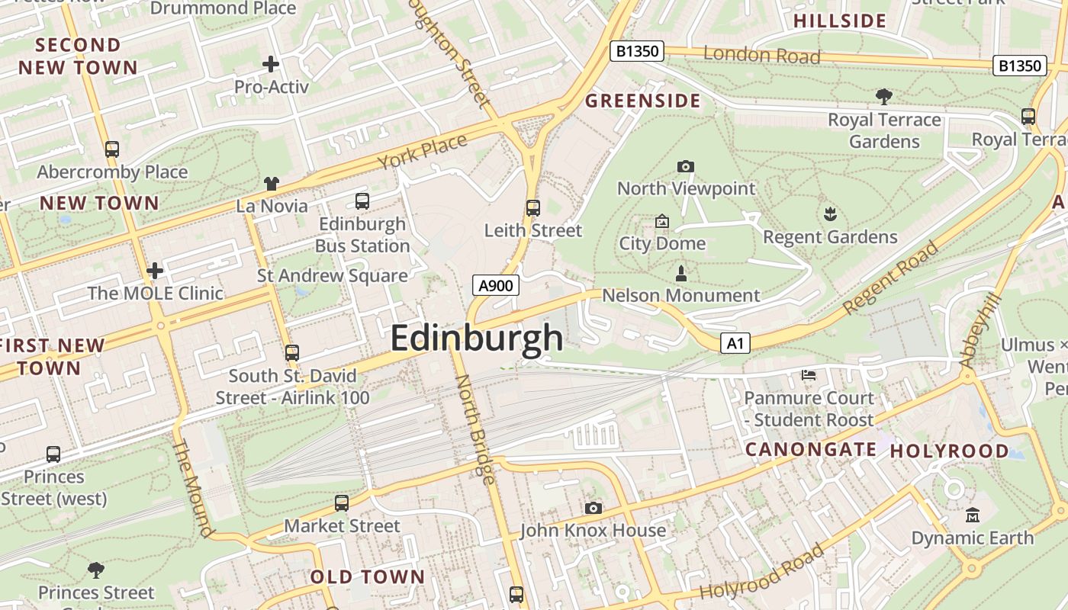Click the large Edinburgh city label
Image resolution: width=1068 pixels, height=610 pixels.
click(477, 339)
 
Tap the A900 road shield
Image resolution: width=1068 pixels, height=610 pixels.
click(496, 286)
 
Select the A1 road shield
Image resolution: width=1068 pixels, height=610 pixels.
click(735, 343)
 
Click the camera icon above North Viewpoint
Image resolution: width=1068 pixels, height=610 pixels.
click(685, 166)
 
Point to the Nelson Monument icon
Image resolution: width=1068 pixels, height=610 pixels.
click(681, 274)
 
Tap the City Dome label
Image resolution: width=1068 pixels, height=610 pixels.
click(662, 243)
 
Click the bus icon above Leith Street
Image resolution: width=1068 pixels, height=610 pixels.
click(533, 208)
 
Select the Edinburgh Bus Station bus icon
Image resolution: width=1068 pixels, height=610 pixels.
click(362, 201)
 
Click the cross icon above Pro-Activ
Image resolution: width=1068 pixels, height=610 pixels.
click(271, 64)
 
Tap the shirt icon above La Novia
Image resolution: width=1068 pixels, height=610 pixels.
click(272, 183)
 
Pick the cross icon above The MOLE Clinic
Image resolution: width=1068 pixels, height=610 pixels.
click(155, 270)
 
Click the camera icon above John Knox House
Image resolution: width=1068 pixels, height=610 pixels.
click(593, 508)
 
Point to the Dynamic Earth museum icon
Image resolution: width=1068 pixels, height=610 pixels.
click(972, 515)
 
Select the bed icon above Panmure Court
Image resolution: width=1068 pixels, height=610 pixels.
click(809, 374)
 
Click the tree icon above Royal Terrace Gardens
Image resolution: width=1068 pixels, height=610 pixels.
click(884, 97)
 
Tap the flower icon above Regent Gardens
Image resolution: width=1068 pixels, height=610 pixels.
click(830, 214)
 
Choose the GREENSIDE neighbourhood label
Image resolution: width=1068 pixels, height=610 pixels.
click(642, 101)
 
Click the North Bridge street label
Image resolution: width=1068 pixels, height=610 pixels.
click(474, 429)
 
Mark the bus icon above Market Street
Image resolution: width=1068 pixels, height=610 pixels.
click(342, 503)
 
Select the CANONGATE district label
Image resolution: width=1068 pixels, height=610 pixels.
click(810, 450)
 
